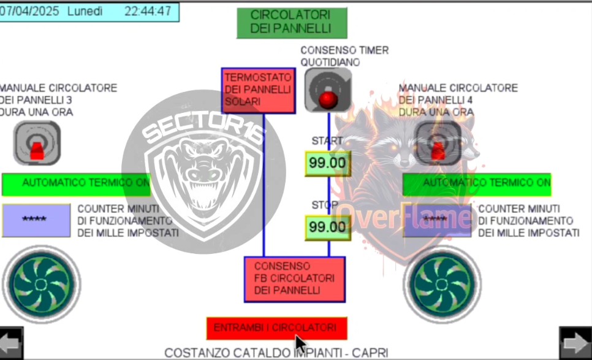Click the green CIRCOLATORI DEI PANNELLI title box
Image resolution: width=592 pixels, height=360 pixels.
pyautogui.click(x=292, y=23)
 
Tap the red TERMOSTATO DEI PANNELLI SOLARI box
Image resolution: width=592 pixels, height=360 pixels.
pyautogui.click(x=258, y=91)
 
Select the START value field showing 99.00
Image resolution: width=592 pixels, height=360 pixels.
pyautogui.click(x=328, y=164)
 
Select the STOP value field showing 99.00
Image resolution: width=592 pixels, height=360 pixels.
pyautogui.click(x=328, y=227)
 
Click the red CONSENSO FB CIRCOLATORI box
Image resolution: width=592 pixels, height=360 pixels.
pyautogui.click(x=294, y=279)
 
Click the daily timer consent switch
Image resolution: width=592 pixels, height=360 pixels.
pyautogui.click(x=328, y=90)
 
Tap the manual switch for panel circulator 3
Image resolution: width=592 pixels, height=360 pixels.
pyautogui.click(x=37, y=143)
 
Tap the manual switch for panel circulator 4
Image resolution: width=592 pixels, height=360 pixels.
pyautogui.click(x=438, y=143)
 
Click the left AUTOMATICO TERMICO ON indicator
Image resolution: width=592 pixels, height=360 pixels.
pyautogui.click(x=77, y=183)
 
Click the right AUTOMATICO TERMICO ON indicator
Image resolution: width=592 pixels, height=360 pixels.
pyautogui.click(x=477, y=183)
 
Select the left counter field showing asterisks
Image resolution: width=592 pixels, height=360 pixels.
pyautogui.click(x=36, y=220)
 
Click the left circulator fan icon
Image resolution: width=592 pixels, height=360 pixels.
pyautogui.click(x=41, y=284)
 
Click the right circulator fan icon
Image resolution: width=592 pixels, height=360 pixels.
pyautogui.click(x=442, y=284)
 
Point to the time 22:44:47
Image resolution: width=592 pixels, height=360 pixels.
pyautogui.click(x=147, y=11)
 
